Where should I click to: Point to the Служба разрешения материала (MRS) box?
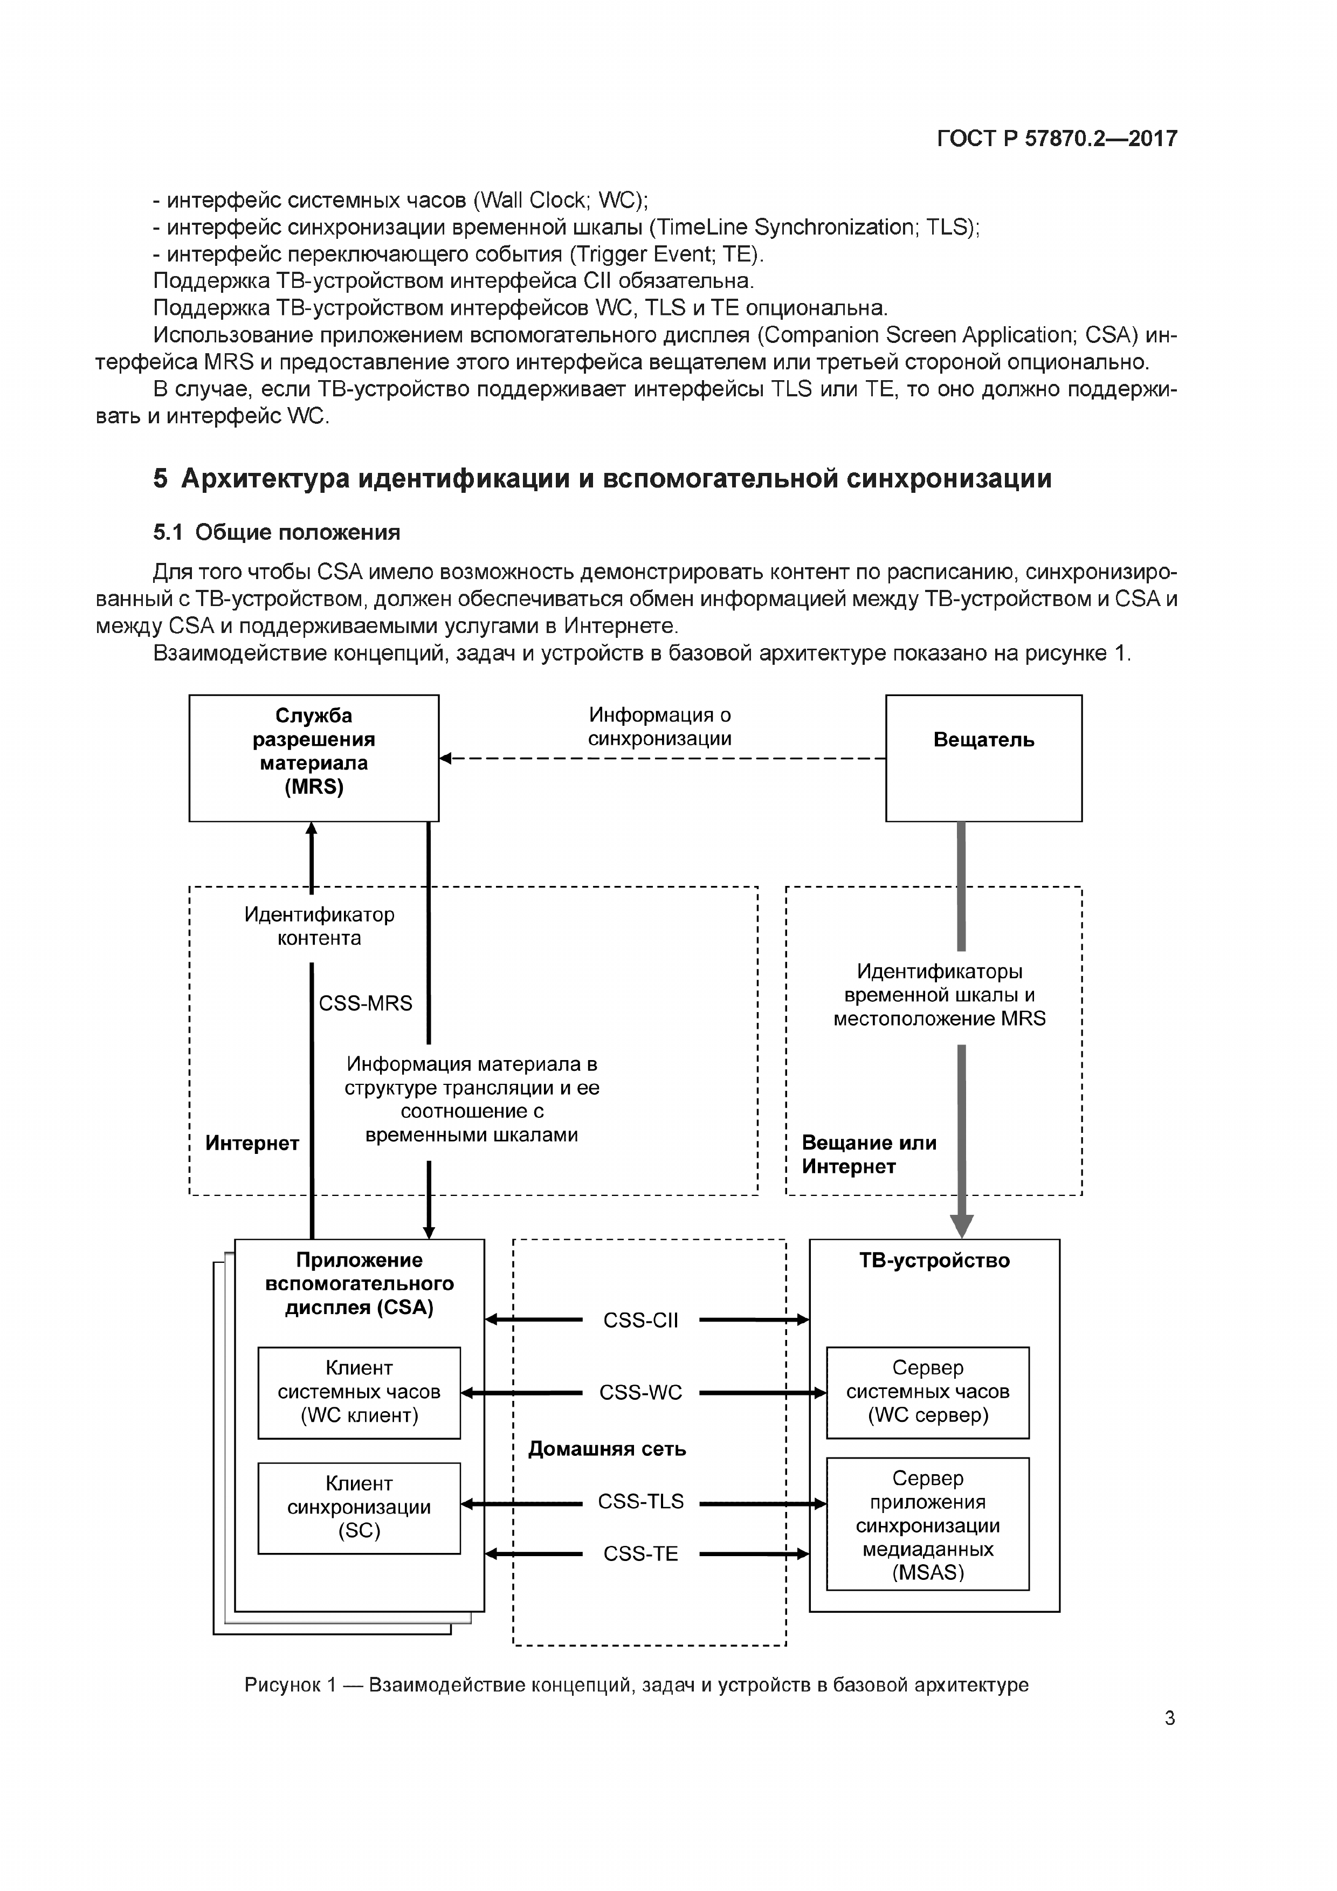[x=314, y=758]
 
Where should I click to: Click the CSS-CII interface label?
[x=640, y=1320]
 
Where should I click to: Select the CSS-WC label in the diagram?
[x=640, y=1393]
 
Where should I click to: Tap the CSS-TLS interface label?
[x=640, y=1502]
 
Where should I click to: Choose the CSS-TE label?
[x=640, y=1554]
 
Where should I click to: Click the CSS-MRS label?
[x=366, y=1003]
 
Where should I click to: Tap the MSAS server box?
[x=928, y=1524]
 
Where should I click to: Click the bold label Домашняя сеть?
[x=607, y=1449]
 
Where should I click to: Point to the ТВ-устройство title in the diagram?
[x=934, y=1260]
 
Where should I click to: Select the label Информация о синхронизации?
[x=659, y=726]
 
